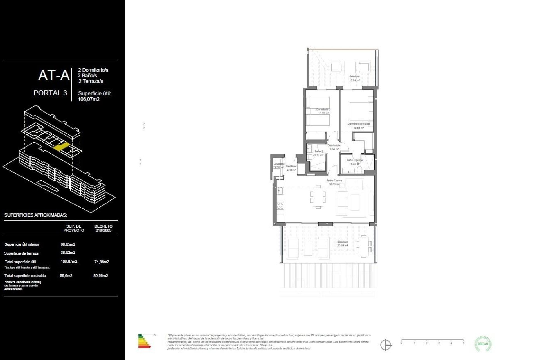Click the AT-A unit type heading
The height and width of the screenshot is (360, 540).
54,75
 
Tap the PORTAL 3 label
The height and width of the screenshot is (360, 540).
50,93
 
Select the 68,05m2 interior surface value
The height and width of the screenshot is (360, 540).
68,244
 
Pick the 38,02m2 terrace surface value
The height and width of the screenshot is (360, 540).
68,253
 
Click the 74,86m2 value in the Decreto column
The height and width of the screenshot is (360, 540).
102,262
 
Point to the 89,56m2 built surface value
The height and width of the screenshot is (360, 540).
101,276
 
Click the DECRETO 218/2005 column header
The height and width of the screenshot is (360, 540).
103,228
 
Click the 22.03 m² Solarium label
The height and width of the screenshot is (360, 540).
343,244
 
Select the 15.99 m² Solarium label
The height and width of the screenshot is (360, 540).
354,78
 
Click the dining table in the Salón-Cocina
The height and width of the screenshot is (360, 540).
318,197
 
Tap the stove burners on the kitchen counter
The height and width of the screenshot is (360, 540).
280,206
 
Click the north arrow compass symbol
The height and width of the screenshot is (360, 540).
386,345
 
